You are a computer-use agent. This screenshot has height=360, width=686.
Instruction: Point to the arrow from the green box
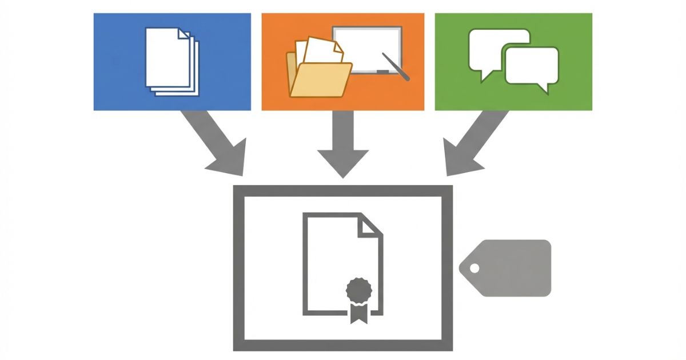(472, 143)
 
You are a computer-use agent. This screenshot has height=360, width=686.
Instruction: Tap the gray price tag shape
(509, 268)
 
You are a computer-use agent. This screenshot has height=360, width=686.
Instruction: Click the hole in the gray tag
(474, 268)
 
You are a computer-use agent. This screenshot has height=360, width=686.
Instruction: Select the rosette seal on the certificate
(358, 290)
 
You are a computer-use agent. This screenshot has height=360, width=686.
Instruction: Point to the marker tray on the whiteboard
(383, 72)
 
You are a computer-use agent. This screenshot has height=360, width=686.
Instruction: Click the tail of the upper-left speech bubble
(486, 75)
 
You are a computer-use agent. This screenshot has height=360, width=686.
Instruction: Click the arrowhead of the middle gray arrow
(342, 163)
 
